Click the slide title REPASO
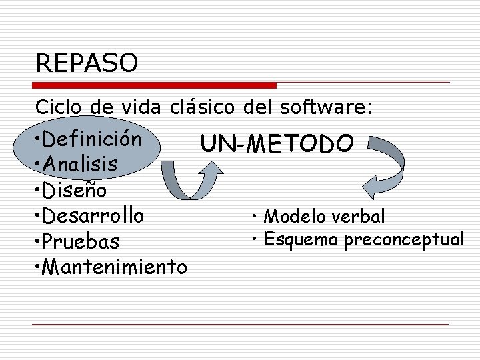pyautogui.click(x=87, y=63)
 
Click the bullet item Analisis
pyautogui.click(x=79, y=164)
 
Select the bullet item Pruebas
pyautogui.click(x=79, y=241)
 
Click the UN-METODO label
pyautogui.click(x=277, y=143)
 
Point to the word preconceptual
pyautogui.click(x=404, y=239)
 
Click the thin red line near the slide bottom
pyautogui.click(x=240, y=324)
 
